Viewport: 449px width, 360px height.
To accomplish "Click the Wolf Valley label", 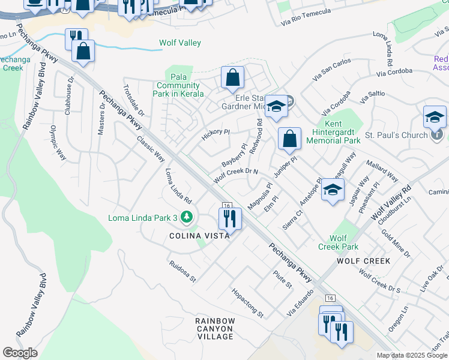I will (x=180, y=43).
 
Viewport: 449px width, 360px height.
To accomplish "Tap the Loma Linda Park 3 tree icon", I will (x=187, y=217).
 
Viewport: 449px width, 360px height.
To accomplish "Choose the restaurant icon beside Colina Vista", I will (x=229, y=219).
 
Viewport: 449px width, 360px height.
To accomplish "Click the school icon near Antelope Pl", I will (x=333, y=191).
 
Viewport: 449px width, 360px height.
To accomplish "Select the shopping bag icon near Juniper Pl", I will (x=289, y=139).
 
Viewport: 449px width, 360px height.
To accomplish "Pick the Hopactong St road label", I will (x=247, y=302).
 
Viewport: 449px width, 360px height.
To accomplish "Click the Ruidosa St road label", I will (x=182, y=271).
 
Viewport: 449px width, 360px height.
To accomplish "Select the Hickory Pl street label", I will (x=215, y=134).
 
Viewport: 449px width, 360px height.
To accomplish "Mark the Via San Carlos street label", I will (x=331, y=70).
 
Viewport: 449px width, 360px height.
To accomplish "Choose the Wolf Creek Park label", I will (x=338, y=242).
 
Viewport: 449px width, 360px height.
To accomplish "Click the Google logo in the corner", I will (x=20, y=353).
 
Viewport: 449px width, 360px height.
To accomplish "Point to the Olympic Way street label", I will (x=58, y=142).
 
